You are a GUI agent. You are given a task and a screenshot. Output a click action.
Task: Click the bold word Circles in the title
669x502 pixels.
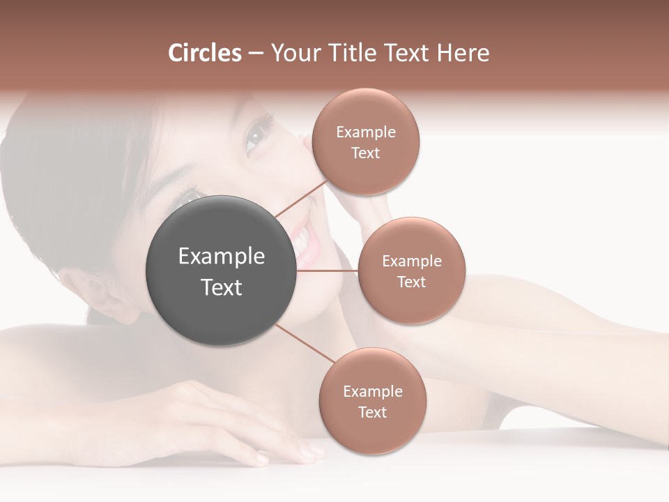coord(204,53)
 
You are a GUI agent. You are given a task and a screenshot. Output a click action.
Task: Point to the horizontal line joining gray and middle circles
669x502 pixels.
coord(328,271)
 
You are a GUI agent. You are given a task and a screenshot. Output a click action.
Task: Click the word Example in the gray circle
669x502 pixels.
coord(221,257)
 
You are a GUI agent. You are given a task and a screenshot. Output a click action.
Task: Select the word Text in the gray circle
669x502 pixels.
coord(221,287)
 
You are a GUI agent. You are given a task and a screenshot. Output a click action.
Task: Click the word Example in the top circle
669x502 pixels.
coord(365,132)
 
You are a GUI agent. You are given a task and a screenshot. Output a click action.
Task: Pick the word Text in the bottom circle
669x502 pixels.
coord(372,413)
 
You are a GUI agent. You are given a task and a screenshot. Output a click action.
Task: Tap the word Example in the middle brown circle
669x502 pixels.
coord(411,261)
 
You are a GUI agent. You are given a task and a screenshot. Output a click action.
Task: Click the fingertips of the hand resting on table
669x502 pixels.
coord(307,453)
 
